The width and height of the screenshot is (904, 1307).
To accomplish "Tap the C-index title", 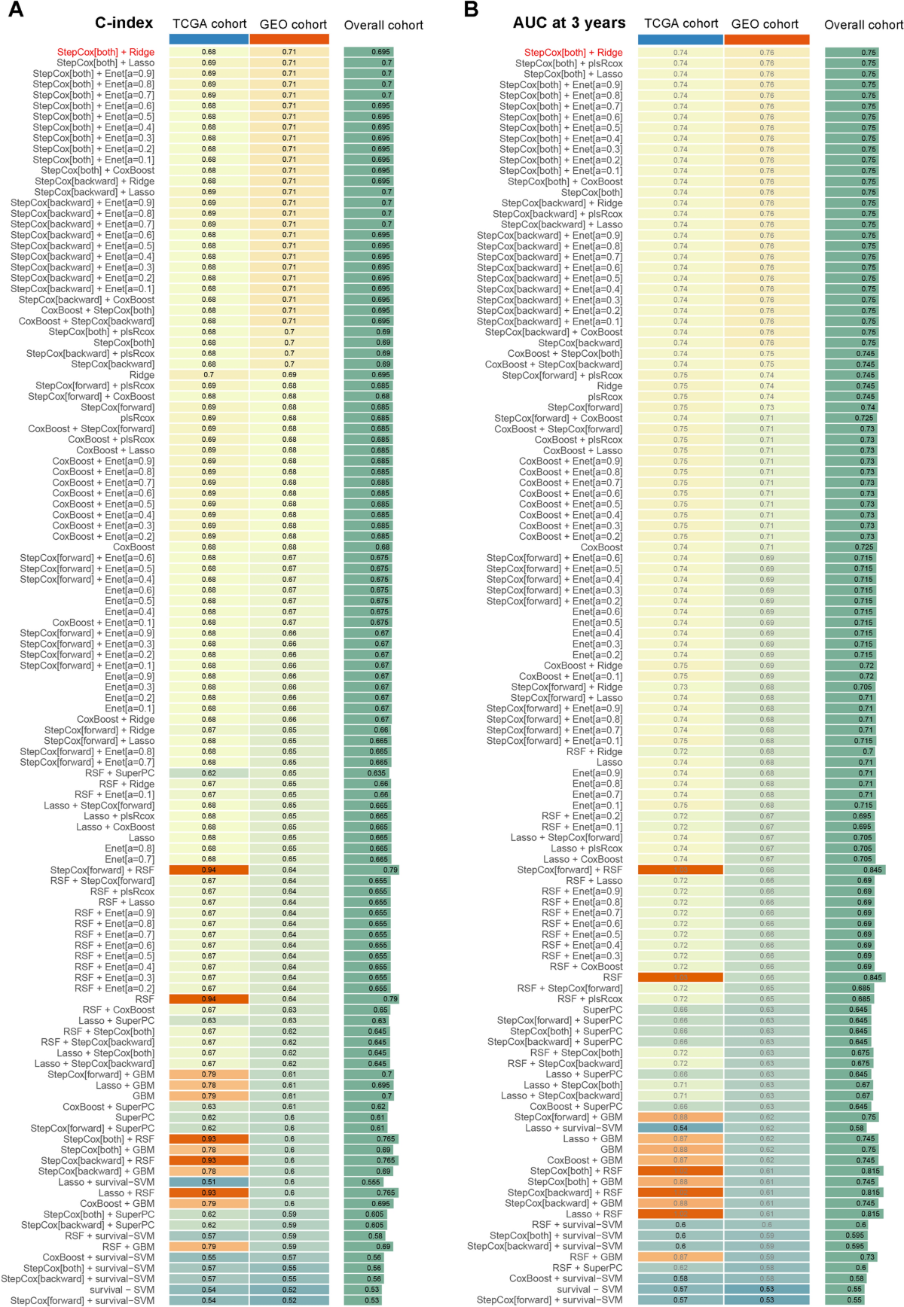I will [124, 23].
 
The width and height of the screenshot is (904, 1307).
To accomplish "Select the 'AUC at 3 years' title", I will [569, 23].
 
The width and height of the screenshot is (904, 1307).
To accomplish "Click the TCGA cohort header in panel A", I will [209, 24].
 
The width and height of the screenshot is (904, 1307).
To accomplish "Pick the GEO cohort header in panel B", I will [765, 24].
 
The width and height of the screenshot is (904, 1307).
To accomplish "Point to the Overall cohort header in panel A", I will [383, 25].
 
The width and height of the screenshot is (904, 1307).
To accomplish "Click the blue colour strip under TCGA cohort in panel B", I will [680, 39].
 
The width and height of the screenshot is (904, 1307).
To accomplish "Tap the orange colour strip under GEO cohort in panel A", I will [289, 39].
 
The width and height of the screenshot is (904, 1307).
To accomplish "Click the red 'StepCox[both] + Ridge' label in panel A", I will [105, 52].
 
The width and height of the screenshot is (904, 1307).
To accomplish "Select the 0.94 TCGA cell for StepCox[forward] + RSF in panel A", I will [209, 870].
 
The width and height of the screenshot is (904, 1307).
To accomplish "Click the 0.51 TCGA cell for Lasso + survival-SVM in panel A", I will [209, 1182].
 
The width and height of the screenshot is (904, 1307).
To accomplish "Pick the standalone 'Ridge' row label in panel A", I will [142, 375].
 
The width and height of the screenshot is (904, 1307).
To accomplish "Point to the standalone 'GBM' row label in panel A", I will [143, 1096].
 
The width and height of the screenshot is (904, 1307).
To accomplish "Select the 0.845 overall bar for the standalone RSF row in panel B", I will [854, 978].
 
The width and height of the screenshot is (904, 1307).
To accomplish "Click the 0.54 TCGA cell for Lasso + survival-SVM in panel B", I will [680, 1129].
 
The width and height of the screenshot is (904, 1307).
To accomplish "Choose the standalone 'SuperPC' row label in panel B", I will [603, 1010].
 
